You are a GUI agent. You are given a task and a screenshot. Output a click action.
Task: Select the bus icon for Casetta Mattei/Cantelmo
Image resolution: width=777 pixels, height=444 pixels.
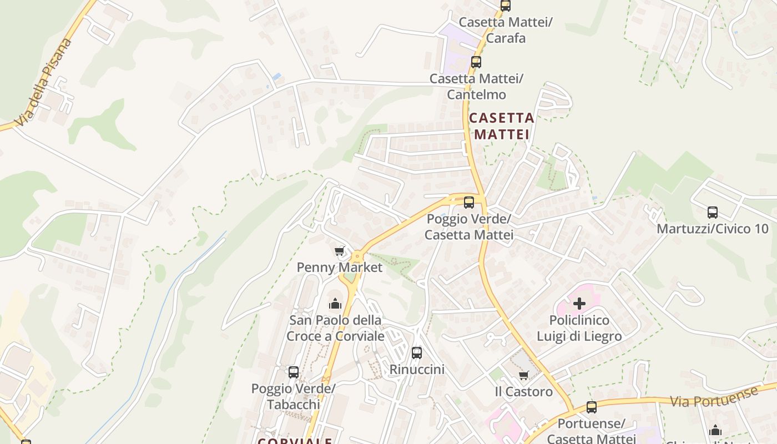(x=476, y=62)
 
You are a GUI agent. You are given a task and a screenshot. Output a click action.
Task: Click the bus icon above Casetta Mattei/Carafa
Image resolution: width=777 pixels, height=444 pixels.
(x=505, y=6)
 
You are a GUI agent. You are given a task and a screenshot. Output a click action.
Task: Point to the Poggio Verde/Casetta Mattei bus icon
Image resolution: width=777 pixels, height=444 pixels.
(x=469, y=203)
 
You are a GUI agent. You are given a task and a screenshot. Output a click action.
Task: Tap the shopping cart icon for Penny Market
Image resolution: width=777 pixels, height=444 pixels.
(x=340, y=251)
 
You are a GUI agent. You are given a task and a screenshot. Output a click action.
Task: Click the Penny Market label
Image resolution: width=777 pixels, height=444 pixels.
(x=340, y=268)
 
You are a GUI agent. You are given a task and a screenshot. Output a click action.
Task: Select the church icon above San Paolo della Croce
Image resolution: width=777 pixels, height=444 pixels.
(x=335, y=304)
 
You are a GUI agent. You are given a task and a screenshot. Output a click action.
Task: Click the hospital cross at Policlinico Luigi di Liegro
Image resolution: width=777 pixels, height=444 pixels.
(x=579, y=304)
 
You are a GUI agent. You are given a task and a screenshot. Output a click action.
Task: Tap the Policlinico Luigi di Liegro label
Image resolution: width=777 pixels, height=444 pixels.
(x=579, y=329)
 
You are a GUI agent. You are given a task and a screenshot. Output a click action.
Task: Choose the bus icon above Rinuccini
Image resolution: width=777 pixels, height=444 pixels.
(x=417, y=352)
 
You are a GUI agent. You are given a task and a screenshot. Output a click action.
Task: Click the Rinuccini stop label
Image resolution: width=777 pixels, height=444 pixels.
(x=417, y=369)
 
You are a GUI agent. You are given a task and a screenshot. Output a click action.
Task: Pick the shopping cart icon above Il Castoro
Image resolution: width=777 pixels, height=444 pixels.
(x=523, y=376)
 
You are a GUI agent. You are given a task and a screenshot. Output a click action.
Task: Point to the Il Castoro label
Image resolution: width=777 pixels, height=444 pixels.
(x=523, y=392)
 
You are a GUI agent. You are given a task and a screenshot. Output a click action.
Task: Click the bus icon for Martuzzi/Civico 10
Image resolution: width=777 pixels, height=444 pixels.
(x=713, y=212)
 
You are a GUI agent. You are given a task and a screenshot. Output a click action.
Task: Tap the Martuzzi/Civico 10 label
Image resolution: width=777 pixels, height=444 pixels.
(x=713, y=229)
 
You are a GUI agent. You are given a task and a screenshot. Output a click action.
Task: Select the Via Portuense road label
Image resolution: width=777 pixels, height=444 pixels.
(x=714, y=396)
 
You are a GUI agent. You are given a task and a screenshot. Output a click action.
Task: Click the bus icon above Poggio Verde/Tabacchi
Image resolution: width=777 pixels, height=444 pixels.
(x=294, y=372)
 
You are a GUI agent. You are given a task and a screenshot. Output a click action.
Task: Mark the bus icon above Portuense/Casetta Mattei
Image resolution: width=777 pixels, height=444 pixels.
(x=592, y=407)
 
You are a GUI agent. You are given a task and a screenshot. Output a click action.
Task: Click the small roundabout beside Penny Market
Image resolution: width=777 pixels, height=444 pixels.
(x=356, y=256)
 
